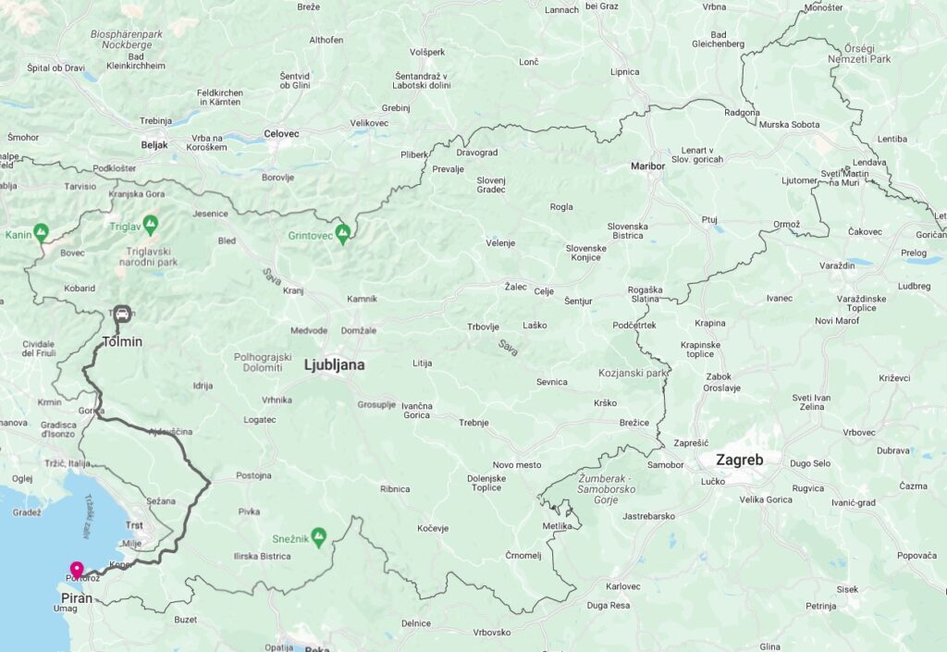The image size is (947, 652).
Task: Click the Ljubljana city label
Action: point(334,365)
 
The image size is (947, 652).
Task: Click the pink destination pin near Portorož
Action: point(76,570)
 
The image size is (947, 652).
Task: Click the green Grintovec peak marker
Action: point(343,233)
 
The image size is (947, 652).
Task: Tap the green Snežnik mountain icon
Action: point(318,535)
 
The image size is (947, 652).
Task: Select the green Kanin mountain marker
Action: point(40,232)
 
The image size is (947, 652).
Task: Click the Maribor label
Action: point(647,166)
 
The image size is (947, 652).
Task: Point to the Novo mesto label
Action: point(516,464)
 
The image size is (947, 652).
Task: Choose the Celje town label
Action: point(544,291)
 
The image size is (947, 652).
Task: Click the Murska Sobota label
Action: point(789,124)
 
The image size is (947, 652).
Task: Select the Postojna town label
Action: point(253,475)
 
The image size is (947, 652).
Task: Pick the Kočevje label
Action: point(432,528)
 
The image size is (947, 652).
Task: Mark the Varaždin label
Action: point(837,265)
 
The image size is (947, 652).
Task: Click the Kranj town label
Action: point(293,290)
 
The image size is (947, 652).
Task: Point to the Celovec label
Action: point(281,133)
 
